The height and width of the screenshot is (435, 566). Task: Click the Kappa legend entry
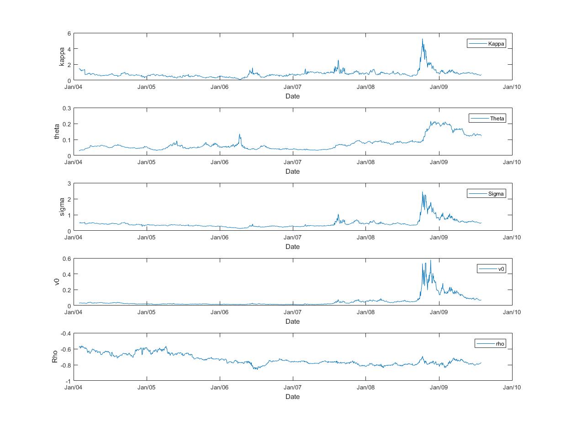(487, 44)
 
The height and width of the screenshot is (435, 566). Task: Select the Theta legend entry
(488, 119)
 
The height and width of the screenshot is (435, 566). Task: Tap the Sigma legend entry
(487, 194)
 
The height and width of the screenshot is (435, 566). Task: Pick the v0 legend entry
(492, 269)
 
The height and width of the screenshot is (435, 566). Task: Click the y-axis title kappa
(62, 57)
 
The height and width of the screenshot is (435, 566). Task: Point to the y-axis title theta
(57, 132)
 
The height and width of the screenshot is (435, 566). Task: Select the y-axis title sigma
(62, 207)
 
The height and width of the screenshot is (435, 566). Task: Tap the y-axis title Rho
(55, 357)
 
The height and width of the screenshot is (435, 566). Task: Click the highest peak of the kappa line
(423, 39)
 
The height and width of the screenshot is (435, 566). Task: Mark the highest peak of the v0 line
(430, 260)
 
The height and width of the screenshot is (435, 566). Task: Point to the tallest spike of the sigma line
(423, 192)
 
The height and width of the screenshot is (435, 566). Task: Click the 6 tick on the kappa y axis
(69, 33)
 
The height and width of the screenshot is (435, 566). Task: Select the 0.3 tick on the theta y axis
(67, 108)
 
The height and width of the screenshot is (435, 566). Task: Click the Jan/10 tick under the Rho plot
(512, 387)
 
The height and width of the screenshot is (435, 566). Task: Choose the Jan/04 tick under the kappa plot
(74, 87)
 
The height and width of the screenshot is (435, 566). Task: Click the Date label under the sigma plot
(292, 247)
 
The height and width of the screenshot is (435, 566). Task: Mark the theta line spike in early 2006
(240, 135)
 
